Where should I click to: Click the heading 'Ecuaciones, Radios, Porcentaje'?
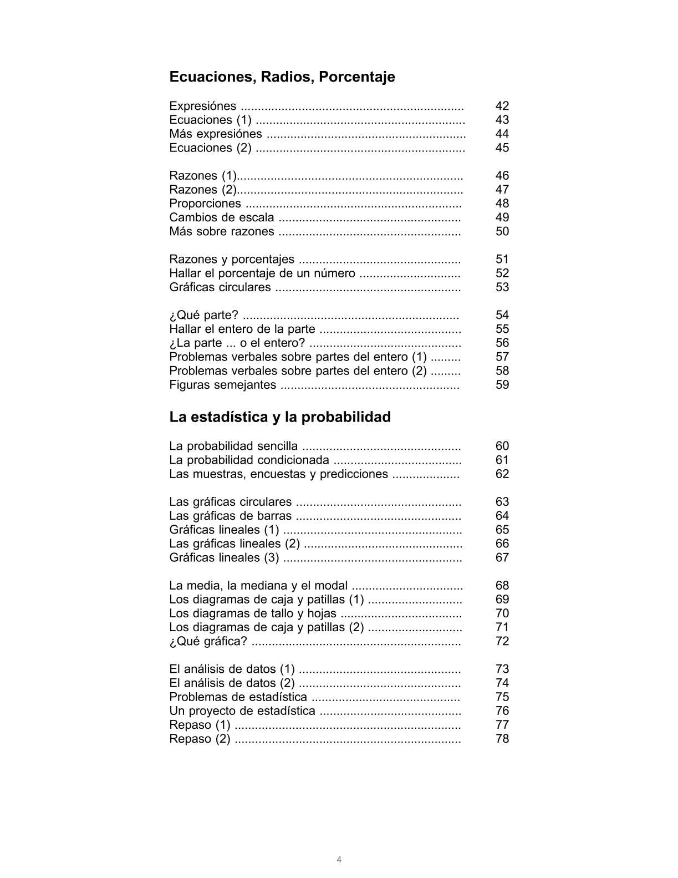click(282, 77)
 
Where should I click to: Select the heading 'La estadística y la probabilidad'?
click(280, 417)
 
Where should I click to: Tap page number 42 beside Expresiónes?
click(502, 106)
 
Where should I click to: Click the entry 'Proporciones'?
click(205, 204)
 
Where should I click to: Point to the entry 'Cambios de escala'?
click(221, 217)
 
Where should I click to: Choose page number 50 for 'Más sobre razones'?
click(502, 231)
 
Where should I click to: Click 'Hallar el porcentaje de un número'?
click(262, 273)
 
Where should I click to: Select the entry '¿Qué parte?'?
click(203, 315)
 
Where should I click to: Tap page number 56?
click(502, 343)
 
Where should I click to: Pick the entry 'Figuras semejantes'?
click(222, 385)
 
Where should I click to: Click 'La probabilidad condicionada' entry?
click(249, 460)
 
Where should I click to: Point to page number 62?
click(502, 474)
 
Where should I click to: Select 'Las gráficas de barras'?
click(230, 516)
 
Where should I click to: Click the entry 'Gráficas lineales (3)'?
click(224, 557)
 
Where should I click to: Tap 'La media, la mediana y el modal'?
click(258, 586)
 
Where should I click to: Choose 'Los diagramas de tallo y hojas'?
click(253, 613)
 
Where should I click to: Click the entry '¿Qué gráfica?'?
click(208, 641)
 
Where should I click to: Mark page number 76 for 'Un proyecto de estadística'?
click(502, 711)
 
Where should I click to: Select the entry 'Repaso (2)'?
click(200, 739)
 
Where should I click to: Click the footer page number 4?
click(339, 860)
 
